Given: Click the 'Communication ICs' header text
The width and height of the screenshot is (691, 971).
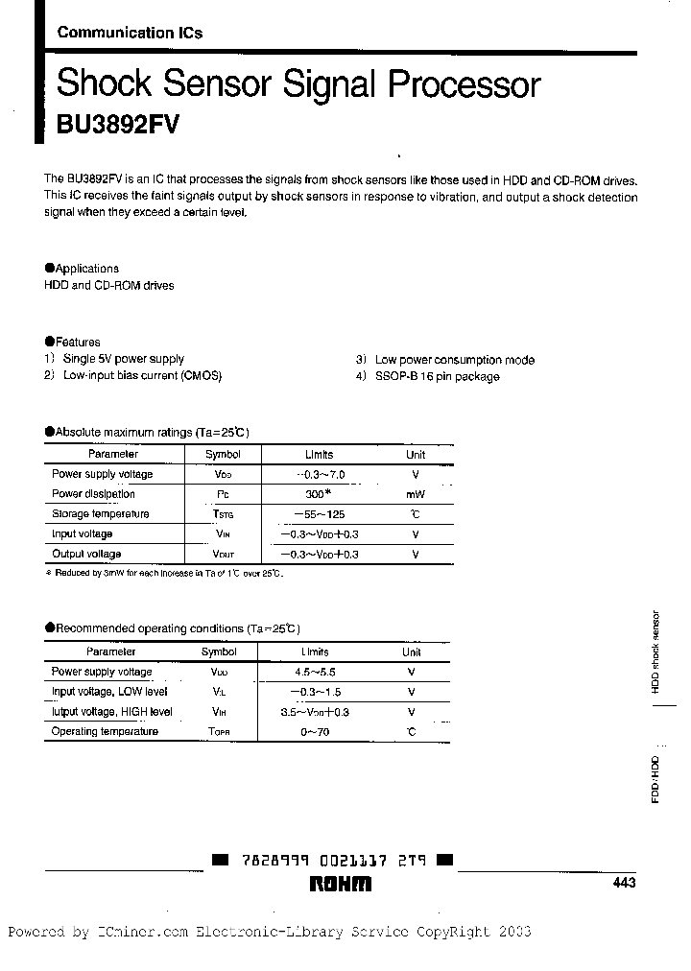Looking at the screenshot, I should pyautogui.click(x=130, y=32).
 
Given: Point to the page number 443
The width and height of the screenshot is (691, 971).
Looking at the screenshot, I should pyautogui.click(x=623, y=884).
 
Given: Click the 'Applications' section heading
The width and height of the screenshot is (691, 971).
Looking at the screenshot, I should pyautogui.click(x=86, y=269).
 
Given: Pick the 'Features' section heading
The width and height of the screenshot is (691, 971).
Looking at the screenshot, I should pyautogui.click(x=77, y=342).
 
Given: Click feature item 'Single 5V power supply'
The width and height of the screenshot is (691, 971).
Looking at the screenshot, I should pyautogui.click(x=123, y=359).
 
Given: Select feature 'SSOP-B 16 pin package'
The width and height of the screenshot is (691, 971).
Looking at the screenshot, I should pyautogui.click(x=437, y=376).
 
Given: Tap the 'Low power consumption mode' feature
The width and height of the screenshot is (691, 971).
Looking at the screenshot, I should pyautogui.click(x=454, y=360).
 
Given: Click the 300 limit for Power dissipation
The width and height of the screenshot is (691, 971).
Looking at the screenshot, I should pyautogui.click(x=316, y=493).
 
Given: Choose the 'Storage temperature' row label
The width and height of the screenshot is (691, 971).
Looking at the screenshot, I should pyautogui.click(x=100, y=513).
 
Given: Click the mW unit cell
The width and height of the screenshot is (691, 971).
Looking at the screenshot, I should pyautogui.click(x=415, y=494).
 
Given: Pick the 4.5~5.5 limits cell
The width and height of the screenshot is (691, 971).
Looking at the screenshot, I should pyautogui.click(x=316, y=672).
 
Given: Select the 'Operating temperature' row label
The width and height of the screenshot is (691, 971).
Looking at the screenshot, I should pyautogui.click(x=104, y=731).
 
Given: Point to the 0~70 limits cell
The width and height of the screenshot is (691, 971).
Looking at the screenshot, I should pyautogui.click(x=316, y=731).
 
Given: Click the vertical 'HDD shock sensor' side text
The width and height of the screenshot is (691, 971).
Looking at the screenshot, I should pyautogui.click(x=655, y=651).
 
